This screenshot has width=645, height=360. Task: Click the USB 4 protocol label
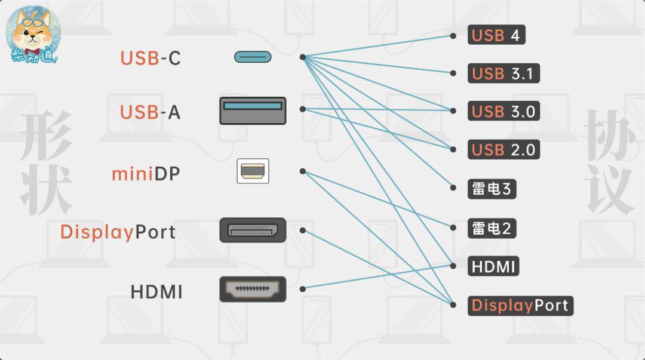[496, 35]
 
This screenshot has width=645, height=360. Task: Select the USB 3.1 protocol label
[503, 73]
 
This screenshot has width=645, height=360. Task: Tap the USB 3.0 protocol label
[503, 112]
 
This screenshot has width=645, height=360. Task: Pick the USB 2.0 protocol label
[503, 149]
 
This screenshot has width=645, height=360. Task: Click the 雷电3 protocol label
[492, 189]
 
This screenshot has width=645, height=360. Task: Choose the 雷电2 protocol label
[492, 228]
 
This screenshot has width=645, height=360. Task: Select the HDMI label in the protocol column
[493, 266]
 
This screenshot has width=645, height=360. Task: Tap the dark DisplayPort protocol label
[520, 306]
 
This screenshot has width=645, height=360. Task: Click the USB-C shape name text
[150, 58]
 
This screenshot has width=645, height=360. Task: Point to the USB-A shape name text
[150, 112]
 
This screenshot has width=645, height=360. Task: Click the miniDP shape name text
[146, 174]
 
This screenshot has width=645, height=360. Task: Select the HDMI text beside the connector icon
[156, 292]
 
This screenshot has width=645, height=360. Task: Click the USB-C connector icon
[253, 57]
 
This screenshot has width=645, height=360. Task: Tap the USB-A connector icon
[253, 110]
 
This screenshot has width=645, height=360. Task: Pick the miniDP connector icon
[253, 171]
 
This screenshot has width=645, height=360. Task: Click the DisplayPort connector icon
[253, 230]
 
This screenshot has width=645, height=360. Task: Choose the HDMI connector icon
[253, 289]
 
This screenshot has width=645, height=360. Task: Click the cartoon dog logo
[33, 35]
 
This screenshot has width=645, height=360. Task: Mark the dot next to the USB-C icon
[303, 57]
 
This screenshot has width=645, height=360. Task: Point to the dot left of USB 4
[453, 35]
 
